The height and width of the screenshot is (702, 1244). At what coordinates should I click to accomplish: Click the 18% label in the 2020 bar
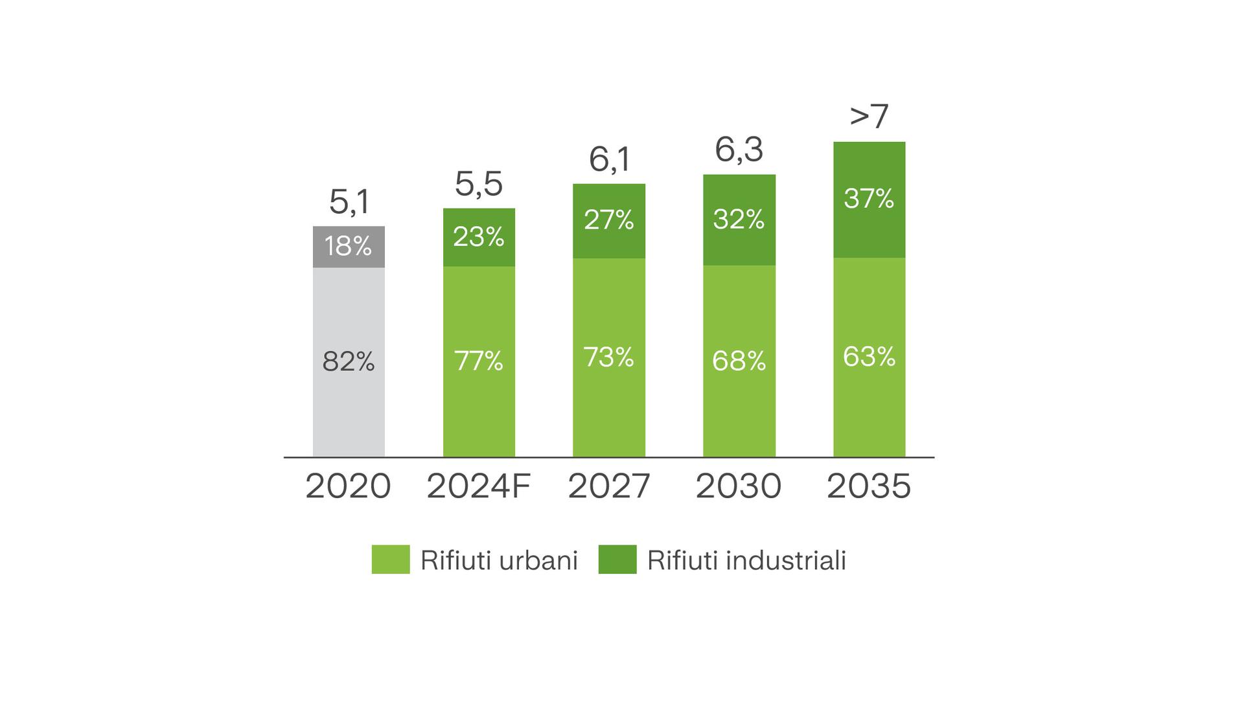[x=348, y=246]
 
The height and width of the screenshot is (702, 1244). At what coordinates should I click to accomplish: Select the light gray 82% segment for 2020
[x=349, y=389]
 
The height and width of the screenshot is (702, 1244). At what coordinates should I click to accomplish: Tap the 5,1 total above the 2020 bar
[x=349, y=201]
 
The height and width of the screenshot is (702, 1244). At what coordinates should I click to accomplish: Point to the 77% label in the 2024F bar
[x=479, y=361]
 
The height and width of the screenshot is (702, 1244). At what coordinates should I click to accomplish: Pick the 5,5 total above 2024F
[x=479, y=184]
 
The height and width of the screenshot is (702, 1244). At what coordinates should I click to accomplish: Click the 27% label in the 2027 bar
[x=608, y=220]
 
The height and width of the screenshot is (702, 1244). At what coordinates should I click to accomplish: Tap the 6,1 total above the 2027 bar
[x=609, y=159]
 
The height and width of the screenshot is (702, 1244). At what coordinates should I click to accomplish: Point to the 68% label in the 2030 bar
[x=739, y=361]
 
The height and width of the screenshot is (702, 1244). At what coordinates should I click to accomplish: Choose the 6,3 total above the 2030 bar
[x=739, y=150]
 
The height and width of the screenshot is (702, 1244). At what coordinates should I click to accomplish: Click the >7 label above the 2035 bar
[x=869, y=117]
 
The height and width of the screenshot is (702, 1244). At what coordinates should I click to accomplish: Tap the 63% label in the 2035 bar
[x=869, y=357]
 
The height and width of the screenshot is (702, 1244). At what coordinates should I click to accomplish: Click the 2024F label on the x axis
[x=479, y=486]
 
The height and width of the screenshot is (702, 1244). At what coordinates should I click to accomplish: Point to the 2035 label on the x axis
[x=869, y=486]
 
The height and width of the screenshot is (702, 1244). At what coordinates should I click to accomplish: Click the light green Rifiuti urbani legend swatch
[x=390, y=560]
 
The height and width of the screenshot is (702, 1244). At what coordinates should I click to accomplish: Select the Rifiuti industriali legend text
[x=746, y=560]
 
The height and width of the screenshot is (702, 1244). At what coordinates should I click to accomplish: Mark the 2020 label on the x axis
[x=348, y=486]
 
